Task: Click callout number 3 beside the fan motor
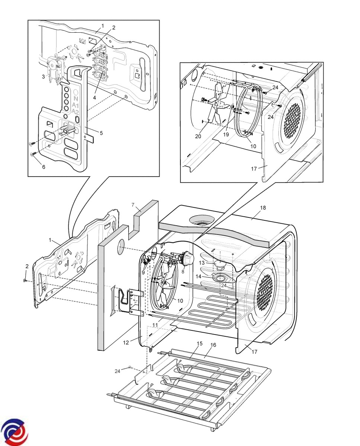coord(44,77)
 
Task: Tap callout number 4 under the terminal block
coord(94,98)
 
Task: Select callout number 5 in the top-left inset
coord(101,133)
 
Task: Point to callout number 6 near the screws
coord(44,167)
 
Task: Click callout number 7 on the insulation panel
coord(133,205)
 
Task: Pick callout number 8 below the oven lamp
coord(183,271)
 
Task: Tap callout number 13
coord(202,263)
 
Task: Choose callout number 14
coord(199,277)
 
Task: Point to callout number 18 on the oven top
coord(263,208)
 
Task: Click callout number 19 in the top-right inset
coord(226,135)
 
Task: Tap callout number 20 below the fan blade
coord(198,136)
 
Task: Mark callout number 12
coord(126,343)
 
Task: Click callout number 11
coord(155,326)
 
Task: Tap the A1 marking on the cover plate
coord(75,105)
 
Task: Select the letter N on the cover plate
coord(75,98)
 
